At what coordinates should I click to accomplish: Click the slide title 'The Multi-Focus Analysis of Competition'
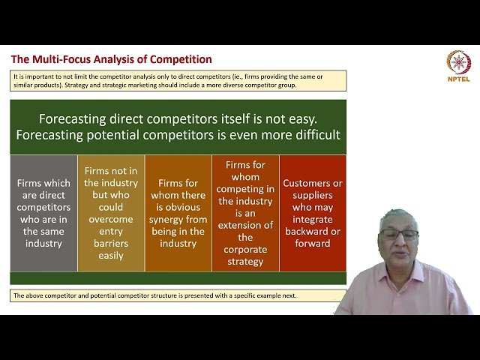point(111,59)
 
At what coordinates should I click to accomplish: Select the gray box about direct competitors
point(43,213)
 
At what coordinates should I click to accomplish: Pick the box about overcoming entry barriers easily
point(111,213)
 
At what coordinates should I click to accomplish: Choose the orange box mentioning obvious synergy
point(178,213)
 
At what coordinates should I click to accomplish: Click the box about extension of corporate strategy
point(245,213)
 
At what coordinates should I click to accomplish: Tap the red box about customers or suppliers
point(313,213)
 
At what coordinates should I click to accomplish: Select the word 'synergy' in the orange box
point(178,218)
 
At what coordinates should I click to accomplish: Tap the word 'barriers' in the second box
point(111,243)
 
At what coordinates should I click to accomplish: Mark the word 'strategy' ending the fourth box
point(245,261)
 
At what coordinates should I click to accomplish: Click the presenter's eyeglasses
point(399,235)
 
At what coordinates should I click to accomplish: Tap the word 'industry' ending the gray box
point(43,243)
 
